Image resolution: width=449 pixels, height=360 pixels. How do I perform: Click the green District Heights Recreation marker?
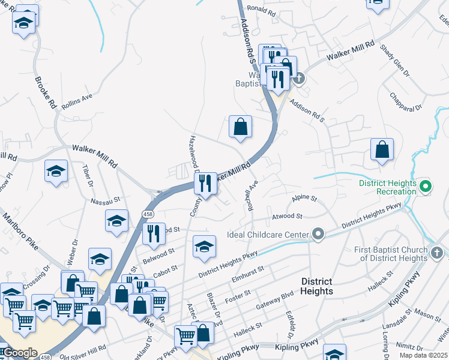tap(426, 187)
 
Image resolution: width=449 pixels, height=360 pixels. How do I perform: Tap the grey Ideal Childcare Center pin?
tap(318, 234)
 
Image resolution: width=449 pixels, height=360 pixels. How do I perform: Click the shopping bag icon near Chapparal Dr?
tap(382, 149)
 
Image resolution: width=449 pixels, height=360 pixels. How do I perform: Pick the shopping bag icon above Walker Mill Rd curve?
tap(240, 127)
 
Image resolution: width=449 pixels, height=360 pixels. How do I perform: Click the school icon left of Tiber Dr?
tap(56, 171)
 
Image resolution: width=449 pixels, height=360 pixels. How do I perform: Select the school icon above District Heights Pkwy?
tap(204, 246)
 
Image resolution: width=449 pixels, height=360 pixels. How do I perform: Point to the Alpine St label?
tap(304, 198)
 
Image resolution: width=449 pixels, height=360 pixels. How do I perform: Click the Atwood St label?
tap(286, 216)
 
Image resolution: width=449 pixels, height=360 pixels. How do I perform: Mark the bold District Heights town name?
tap(316, 286)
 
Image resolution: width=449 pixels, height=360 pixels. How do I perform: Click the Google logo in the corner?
tap(20, 352)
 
